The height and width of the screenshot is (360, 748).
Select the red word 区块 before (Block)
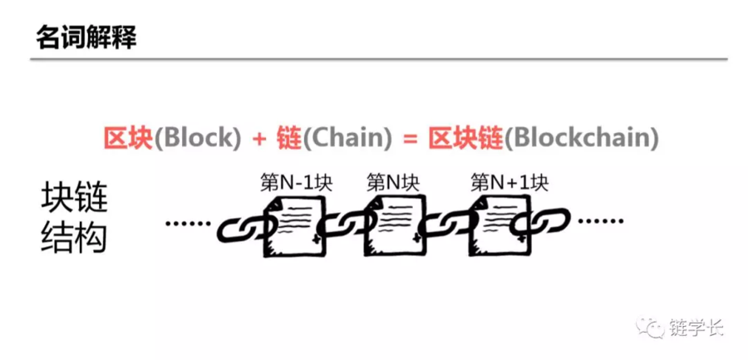pos(127,140)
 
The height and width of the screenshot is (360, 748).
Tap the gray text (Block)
pos(196,140)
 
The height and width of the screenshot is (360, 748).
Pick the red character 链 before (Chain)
pos(288,140)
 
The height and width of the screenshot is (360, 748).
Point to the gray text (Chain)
pos(347,140)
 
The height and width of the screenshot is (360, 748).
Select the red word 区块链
pos(465,140)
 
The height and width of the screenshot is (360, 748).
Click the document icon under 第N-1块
pos(294,226)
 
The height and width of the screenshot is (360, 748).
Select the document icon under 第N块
pos(394,226)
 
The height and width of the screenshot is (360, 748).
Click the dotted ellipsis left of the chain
pos(188,223)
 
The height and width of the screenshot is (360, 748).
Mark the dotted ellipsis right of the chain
pos(601,221)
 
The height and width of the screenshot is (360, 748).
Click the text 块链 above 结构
pos(75,198)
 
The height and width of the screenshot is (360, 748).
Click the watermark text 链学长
pos(696,328)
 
